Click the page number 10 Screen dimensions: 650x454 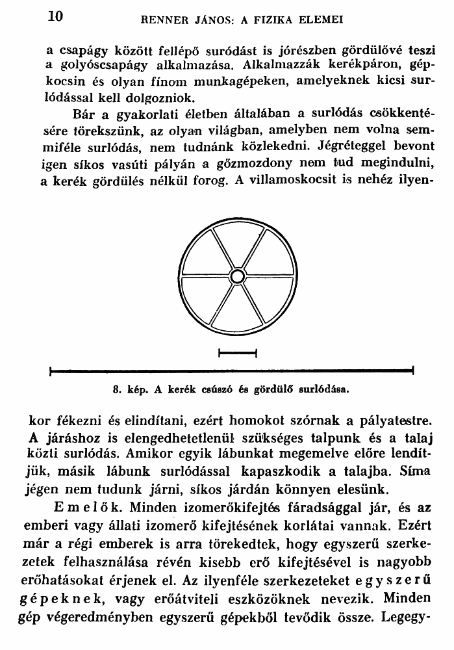tap(55, 17)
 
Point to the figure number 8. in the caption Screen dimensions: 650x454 tap(117, 391)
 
